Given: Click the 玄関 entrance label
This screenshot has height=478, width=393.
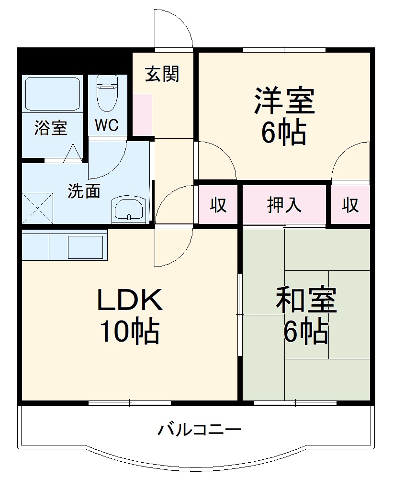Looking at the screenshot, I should pyautogui.click(x=162, y=74).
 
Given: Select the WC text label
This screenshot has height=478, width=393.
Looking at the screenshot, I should pyautogui.click(x=106, y=125).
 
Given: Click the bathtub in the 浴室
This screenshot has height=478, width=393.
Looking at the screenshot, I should pyautogui.click(x=52, y=93).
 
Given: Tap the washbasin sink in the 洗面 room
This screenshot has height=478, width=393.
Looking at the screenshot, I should pyautogui.click(x=128, y=209).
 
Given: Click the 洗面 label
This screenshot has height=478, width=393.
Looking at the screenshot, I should pyautogui.click(x=84, y=191).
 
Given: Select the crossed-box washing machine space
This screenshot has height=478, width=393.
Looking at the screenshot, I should pyautogui.click(x=37, y=207).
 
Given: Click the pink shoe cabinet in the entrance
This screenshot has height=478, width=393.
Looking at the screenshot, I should pyautogui.click(x=142, y=114).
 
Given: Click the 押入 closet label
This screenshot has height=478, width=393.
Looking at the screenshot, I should pyautogui.click(x=284, y=205).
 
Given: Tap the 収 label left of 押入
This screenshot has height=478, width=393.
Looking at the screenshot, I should pyautogui.click(x=218, y=205).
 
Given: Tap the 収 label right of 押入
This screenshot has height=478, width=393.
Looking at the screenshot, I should pyautogui.click(x=350, y=205).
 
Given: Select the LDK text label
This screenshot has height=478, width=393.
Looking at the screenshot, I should pyautogui.click(x=130, y=300).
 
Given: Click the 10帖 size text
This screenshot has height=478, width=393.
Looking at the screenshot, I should pyautogui.click(x=129, y=331).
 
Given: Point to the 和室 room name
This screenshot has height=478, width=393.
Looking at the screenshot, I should pyautogui.click(x=306, y=300).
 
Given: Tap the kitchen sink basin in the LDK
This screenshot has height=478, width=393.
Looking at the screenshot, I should pyautogui.click(x=86, y=247).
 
